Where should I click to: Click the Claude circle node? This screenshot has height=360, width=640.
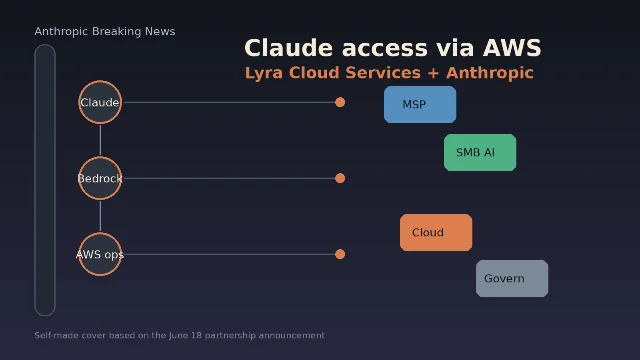(x=100, y=102)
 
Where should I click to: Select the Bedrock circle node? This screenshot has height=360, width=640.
(x=100, y=178)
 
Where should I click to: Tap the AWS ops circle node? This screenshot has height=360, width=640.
(x=100, y=254)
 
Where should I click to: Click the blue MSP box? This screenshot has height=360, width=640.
(x=420, y=104)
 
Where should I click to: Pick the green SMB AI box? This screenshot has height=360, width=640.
(x=480, y=152)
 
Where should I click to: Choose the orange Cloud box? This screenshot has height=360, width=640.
(x=436, y=232)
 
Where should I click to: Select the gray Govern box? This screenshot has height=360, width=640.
(x=512, y=278)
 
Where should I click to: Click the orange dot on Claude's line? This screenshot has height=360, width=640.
(x=340, y=102)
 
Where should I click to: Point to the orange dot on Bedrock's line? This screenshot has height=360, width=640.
(x=340, y=178)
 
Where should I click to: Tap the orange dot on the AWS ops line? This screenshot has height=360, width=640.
(x=340, y=254)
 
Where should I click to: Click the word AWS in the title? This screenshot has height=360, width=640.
(x=512, y=48)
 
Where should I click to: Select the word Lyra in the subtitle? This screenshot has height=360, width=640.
(x=264, y=73)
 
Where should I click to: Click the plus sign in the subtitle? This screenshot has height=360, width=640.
(x=433, y=73)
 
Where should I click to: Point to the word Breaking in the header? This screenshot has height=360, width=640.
(x=116, y=31)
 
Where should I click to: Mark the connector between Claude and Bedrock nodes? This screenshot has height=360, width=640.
(x=100, y=140)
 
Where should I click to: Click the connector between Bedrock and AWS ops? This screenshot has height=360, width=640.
(x=100, y=216)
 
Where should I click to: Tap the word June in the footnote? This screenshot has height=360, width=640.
(x=178, y=336)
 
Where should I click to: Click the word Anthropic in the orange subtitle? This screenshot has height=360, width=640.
(x=490, y=73)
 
